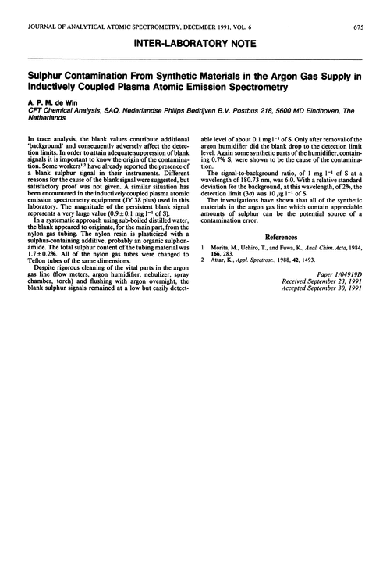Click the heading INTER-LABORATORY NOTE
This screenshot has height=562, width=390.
(x=195, y=29)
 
